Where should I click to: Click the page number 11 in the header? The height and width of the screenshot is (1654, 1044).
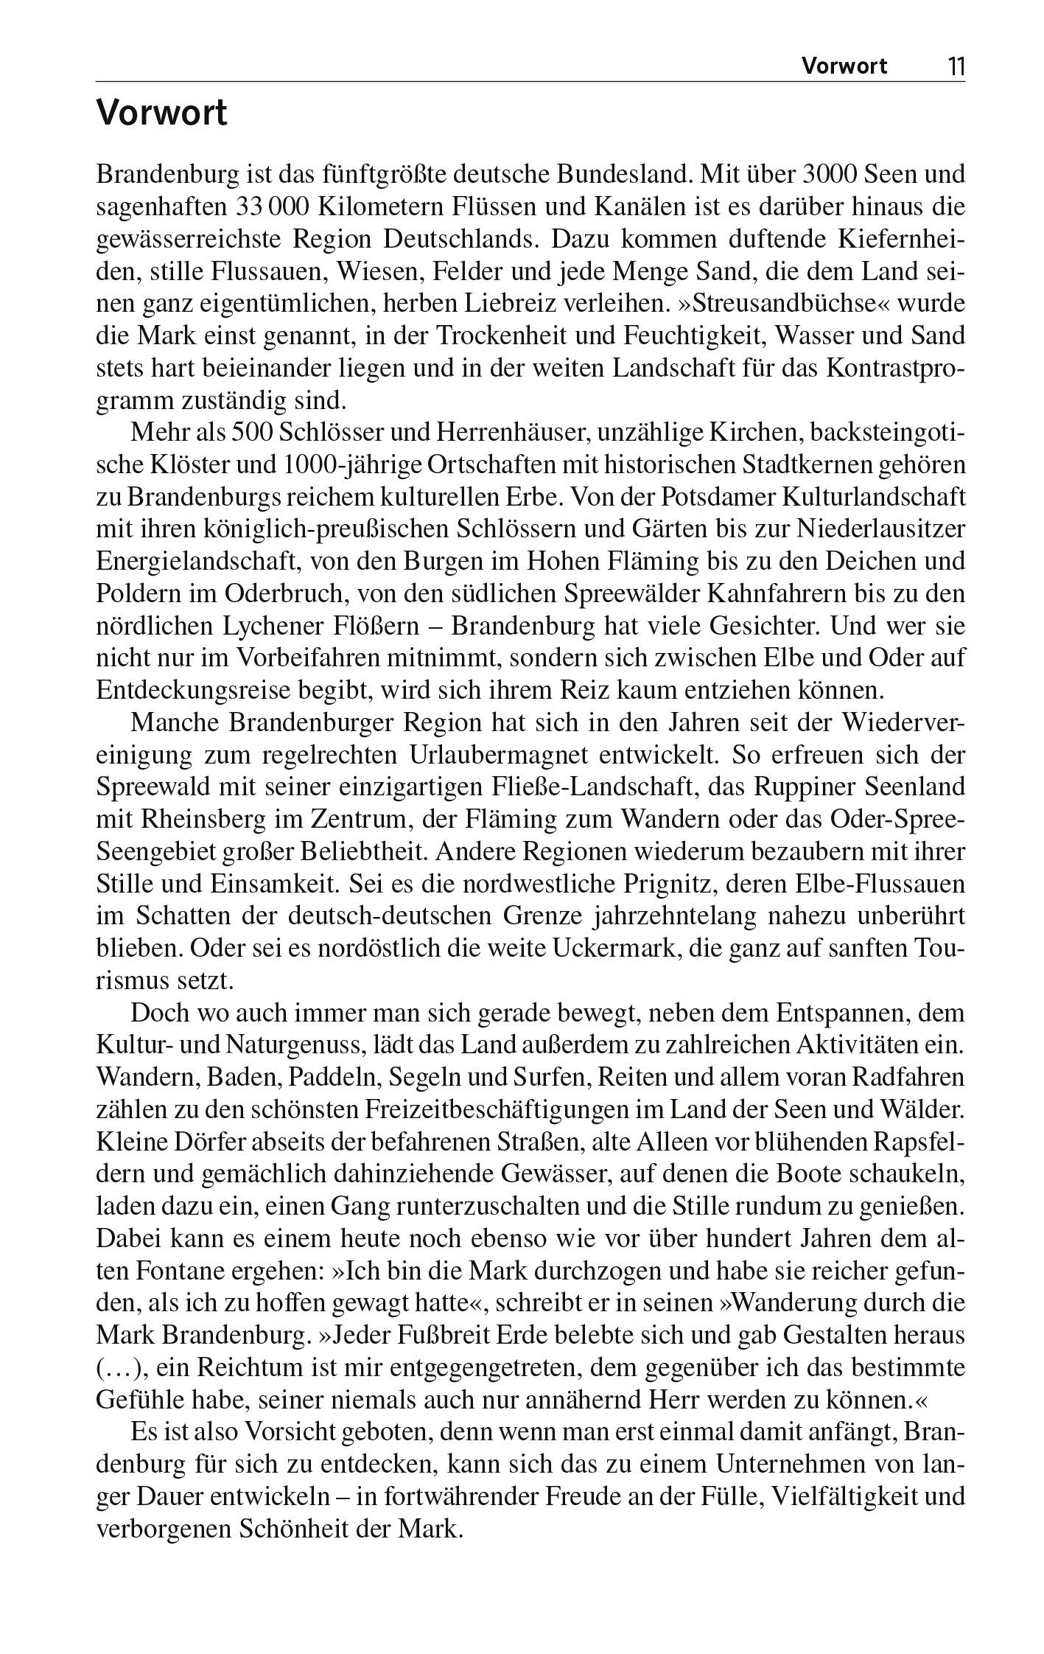955,67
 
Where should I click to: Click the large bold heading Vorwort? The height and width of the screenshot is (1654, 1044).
162,114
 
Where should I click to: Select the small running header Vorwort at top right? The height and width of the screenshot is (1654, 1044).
844,67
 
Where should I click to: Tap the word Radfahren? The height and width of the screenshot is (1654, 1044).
908,1078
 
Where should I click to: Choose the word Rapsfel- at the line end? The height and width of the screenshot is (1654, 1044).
919,1142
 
